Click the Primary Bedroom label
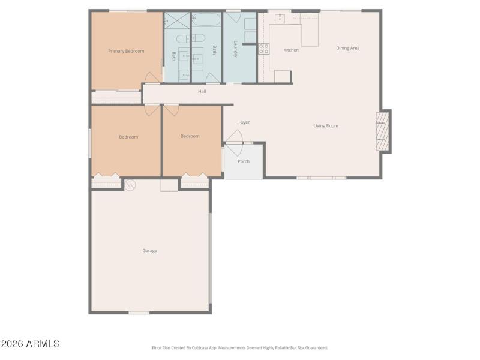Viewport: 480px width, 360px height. (x=126, y=51)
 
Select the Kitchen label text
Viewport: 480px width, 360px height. (x=291, y=50)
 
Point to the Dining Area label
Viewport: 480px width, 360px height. (x=347, y=48)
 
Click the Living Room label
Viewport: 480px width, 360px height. (x=326, y=125)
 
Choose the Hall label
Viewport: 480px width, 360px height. (x=202, y=91)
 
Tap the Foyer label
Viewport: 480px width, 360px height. (x=244, y=122)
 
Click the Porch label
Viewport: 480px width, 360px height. (x=244, y=161)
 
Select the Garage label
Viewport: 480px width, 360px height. (x=149, y=250)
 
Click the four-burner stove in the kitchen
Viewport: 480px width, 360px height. (x=263, y=49)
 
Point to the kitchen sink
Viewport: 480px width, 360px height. (x=280, y=19)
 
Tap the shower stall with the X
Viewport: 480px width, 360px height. (x=177, y=20)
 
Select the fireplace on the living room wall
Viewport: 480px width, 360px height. (x=382, y=131)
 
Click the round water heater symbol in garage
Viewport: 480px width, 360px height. (x=130, y=185)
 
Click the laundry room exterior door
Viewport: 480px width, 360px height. (x=233, y=10)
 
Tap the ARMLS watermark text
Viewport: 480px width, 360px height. (x=30, y=344)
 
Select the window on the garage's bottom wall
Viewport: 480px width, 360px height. (x=139, y=313)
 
